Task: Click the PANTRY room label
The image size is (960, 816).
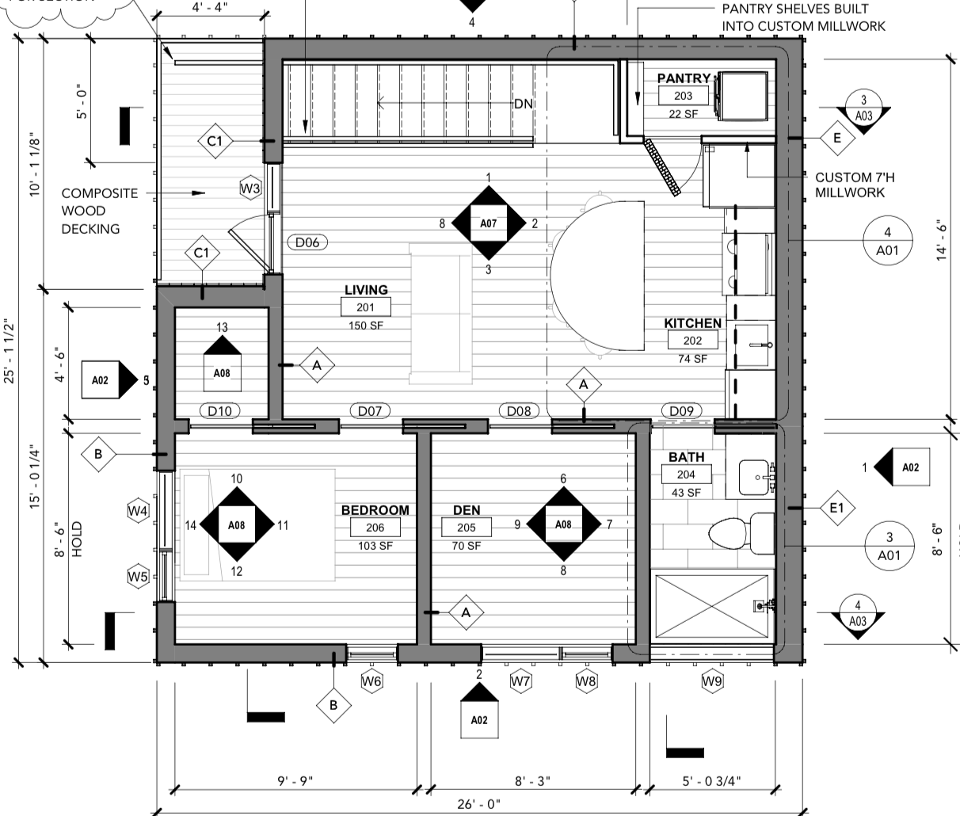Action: [683, 78]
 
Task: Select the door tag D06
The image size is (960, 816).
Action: [307, 242]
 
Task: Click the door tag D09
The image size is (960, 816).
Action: [680, 410]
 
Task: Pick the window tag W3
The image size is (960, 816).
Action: [250, 188]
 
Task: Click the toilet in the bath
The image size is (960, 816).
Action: [741, 532]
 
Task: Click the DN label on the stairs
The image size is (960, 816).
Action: [523, 104]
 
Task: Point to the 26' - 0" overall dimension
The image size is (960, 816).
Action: [478, 804]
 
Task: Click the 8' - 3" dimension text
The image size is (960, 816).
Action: [533, 780]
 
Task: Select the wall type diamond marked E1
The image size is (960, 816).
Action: [836, 508]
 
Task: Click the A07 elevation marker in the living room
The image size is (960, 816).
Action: [488, 223]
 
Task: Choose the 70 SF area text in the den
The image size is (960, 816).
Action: [467, 546]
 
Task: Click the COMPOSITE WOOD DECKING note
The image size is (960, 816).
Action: [99, 211]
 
